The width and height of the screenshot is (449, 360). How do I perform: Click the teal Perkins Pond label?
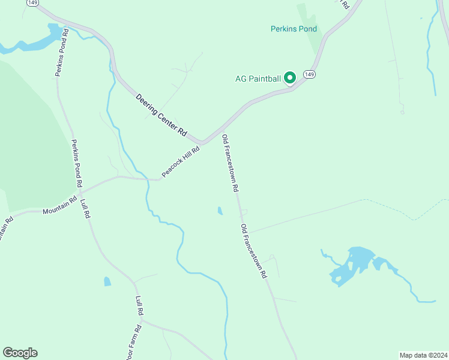click(293, 29)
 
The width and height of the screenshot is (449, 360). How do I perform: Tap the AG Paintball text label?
click(258, 79)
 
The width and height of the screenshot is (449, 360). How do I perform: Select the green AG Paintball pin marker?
click(289, 78)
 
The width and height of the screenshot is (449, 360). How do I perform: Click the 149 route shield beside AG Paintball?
click(309, 74)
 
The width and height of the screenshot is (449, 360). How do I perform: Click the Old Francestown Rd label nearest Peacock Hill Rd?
click(231, 163)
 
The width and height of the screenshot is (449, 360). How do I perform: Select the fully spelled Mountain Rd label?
click(59, 205)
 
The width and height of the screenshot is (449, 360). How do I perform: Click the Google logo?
click(20, 353)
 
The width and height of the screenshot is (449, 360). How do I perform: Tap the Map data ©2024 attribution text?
click(423, 355)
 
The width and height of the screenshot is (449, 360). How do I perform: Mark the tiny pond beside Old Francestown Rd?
click(220, 211)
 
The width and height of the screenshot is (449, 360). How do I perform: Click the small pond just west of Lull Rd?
click(107, 281)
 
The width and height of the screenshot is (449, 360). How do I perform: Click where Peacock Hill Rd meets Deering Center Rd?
click(203, 143)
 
